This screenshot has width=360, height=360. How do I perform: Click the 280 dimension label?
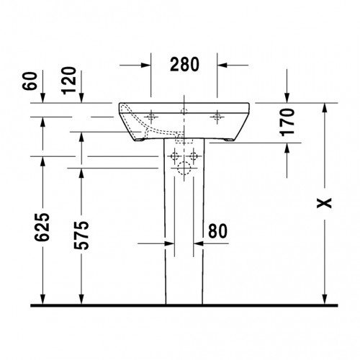pyautogui.click(x=184, y=65)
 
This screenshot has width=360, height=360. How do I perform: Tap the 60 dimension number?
pyautogui.click(x=30, y=81)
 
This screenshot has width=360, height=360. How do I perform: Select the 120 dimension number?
pyautogui.click(x=68, y=81)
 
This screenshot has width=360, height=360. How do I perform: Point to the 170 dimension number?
pyautogui.click(x=287, y=122)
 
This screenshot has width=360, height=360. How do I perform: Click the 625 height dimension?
pyautogui.click(x=42, y=227)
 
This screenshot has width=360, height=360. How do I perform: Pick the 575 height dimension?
pyautogui.click(x=81, y=235)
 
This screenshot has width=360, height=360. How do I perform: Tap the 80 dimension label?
pyautogui.click(x=217, y=231)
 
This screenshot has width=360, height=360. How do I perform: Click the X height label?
pyautogui.click(x=324, y=203)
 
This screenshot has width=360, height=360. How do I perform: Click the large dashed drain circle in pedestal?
pyautogui.click(x=184, y=168)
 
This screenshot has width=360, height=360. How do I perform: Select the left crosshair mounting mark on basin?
pyautogui.click(x=151, y=117)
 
